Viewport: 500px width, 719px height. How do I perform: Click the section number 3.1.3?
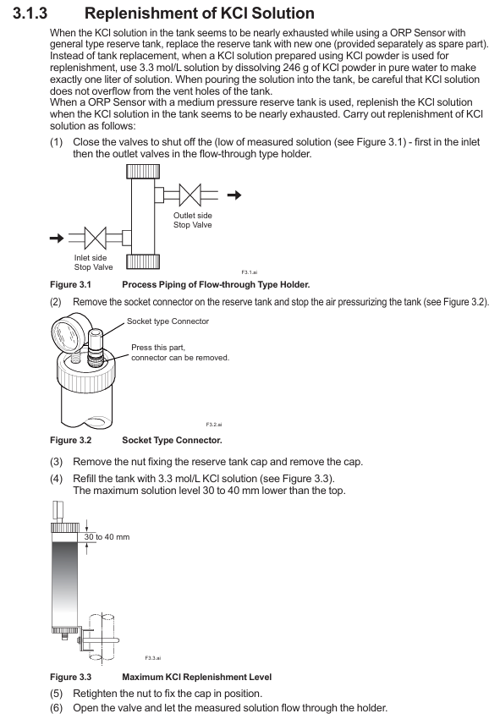click(30, 13)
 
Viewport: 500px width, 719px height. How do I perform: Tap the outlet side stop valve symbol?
click(190, 195)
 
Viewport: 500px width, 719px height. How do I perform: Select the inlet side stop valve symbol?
click(96, 238)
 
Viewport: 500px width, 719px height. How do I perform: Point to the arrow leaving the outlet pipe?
click(234, 195)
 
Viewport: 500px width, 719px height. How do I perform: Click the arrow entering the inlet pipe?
click(57, 238)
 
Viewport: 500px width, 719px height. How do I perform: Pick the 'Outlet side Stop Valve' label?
click(193, 220)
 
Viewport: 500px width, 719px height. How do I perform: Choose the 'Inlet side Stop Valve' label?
click(94, 262)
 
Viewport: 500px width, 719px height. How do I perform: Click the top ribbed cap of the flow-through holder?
click(143, 172)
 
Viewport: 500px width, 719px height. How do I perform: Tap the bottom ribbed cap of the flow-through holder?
click(143, 261)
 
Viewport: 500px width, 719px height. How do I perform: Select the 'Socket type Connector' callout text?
click(168, 321)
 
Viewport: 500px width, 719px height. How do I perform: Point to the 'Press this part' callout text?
click(158, 348)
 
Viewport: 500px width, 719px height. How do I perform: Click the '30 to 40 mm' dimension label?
click(107, 537)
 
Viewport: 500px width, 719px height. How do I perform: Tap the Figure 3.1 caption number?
click(70, 285)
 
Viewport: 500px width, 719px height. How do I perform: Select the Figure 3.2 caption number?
click(70, 440)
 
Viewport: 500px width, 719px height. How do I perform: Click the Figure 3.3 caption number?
click(70, 678)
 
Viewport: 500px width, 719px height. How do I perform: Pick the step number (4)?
click(56, 479)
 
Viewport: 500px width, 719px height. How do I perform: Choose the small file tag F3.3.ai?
click(153, 658)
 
